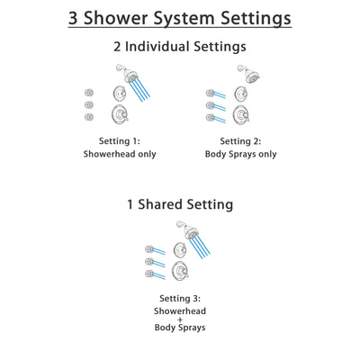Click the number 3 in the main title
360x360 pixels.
76,18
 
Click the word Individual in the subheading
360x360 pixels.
170,46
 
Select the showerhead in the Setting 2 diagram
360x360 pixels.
243,73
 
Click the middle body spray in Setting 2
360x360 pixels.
211,104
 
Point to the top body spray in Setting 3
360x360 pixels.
149,249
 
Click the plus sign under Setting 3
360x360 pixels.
180,319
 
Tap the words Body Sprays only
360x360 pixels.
240,154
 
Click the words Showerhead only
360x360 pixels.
119,154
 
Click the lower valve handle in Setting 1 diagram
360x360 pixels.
119,114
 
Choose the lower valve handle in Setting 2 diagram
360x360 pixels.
239,114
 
